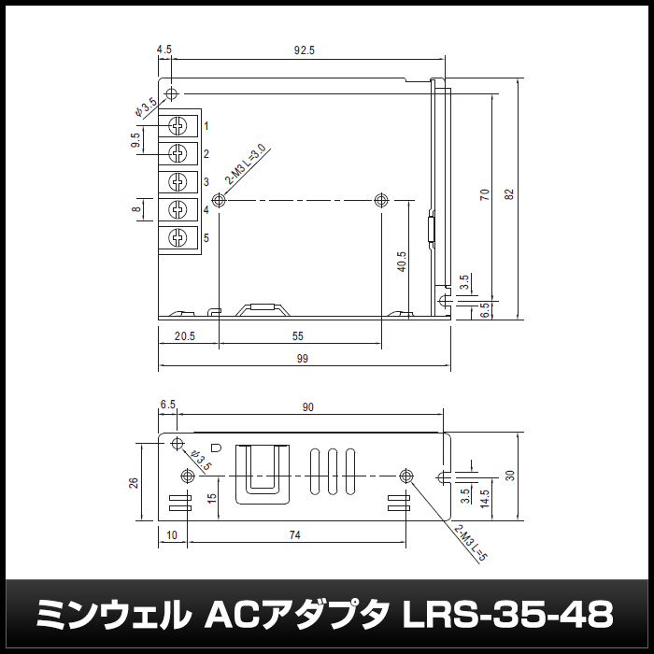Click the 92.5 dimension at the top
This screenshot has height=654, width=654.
304,50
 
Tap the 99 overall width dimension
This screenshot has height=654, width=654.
303,359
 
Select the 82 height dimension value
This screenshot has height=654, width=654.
509,194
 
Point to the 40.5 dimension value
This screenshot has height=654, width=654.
401,262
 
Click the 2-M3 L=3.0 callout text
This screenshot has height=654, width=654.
245,163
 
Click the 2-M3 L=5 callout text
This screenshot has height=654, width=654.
471,543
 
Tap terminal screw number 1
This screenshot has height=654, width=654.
178,125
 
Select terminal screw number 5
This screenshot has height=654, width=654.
178,237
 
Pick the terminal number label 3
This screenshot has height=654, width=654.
206,182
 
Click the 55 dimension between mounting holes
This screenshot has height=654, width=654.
298,336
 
